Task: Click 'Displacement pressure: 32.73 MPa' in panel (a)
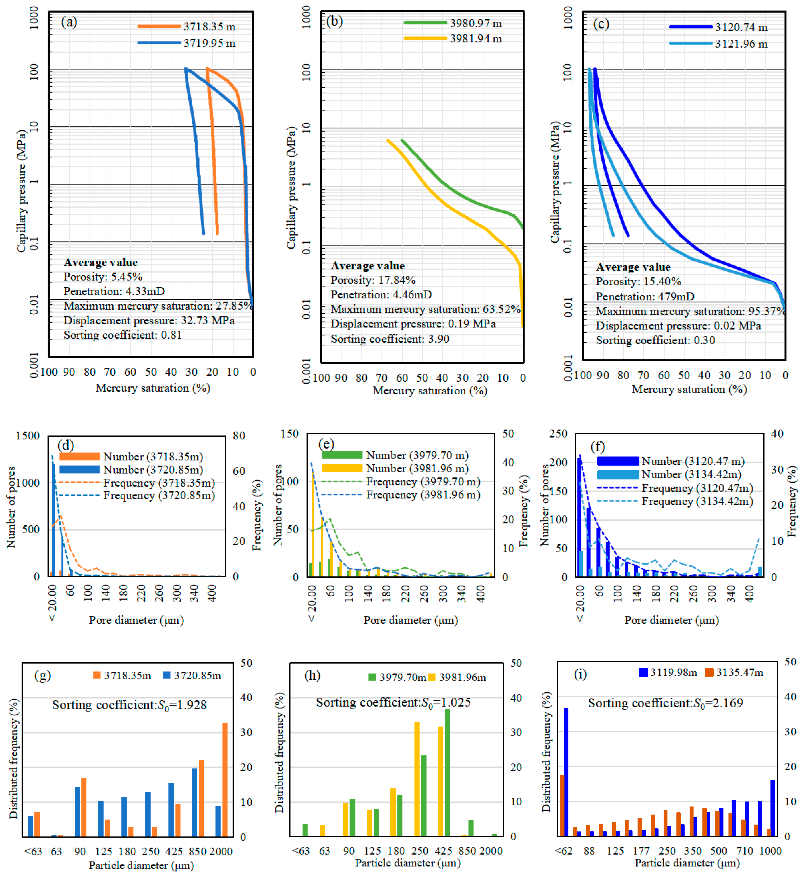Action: tap(149, 321)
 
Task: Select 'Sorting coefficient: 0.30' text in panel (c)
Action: tap(655, 340)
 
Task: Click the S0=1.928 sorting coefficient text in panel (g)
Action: tap(129, 705)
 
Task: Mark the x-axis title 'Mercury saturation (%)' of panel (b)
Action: tap(429, 391)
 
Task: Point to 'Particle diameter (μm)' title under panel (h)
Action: tap(408, 863)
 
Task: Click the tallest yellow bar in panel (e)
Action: tap(313, 524)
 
